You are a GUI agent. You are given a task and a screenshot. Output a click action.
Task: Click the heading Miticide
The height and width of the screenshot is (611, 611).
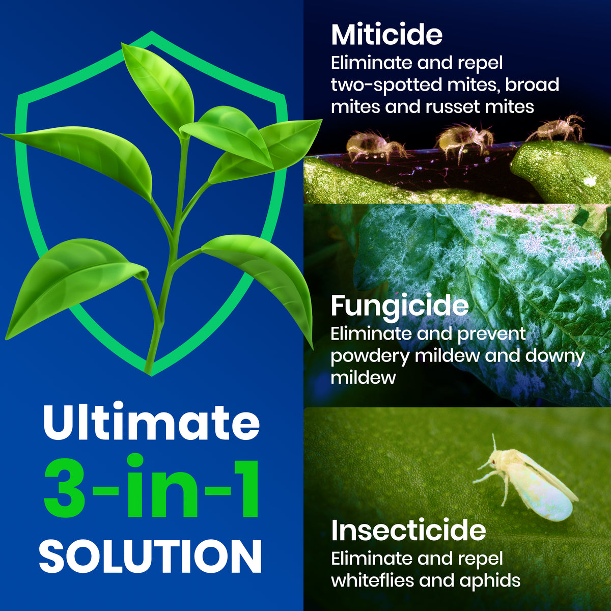pyautogui.click(x=386, y=35)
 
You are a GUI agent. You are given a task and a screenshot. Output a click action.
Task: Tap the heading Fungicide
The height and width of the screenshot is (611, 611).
pyautogui.click(x=400, y=306)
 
